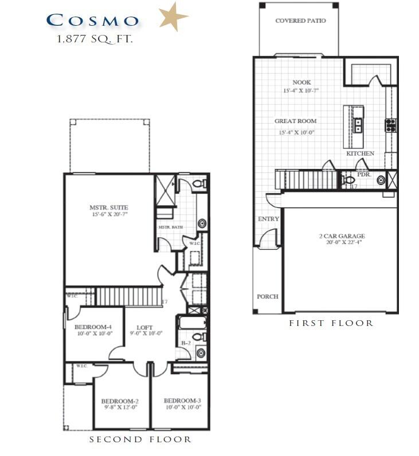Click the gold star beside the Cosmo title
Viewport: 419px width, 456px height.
click(173, 18)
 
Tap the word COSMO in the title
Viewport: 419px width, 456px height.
click(92, 21)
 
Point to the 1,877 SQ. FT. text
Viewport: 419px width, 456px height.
click(95, 40)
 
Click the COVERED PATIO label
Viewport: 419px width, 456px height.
click(300, 21)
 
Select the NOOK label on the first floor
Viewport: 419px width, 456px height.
click(301, 82)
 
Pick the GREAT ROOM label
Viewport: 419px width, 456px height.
click(295, 121)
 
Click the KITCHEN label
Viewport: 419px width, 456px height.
click(360, 154)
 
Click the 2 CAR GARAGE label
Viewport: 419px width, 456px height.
click(342, 236)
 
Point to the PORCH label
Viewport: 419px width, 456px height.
click(267, 297)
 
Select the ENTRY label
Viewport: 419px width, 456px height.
click(268, 219)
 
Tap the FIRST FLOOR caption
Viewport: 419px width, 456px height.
click(331, 323)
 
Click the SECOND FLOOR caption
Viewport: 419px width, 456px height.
click(140, 439)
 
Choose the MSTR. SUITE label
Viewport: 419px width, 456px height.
click(108, 207)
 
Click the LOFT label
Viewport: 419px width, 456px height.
click(144, 328)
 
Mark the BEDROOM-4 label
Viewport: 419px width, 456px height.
click(93, 327)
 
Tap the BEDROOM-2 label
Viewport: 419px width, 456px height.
click(120, 401)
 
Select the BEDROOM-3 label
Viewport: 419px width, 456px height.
click(182, 400)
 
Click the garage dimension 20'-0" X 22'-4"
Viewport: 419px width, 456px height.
click(342, 242)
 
